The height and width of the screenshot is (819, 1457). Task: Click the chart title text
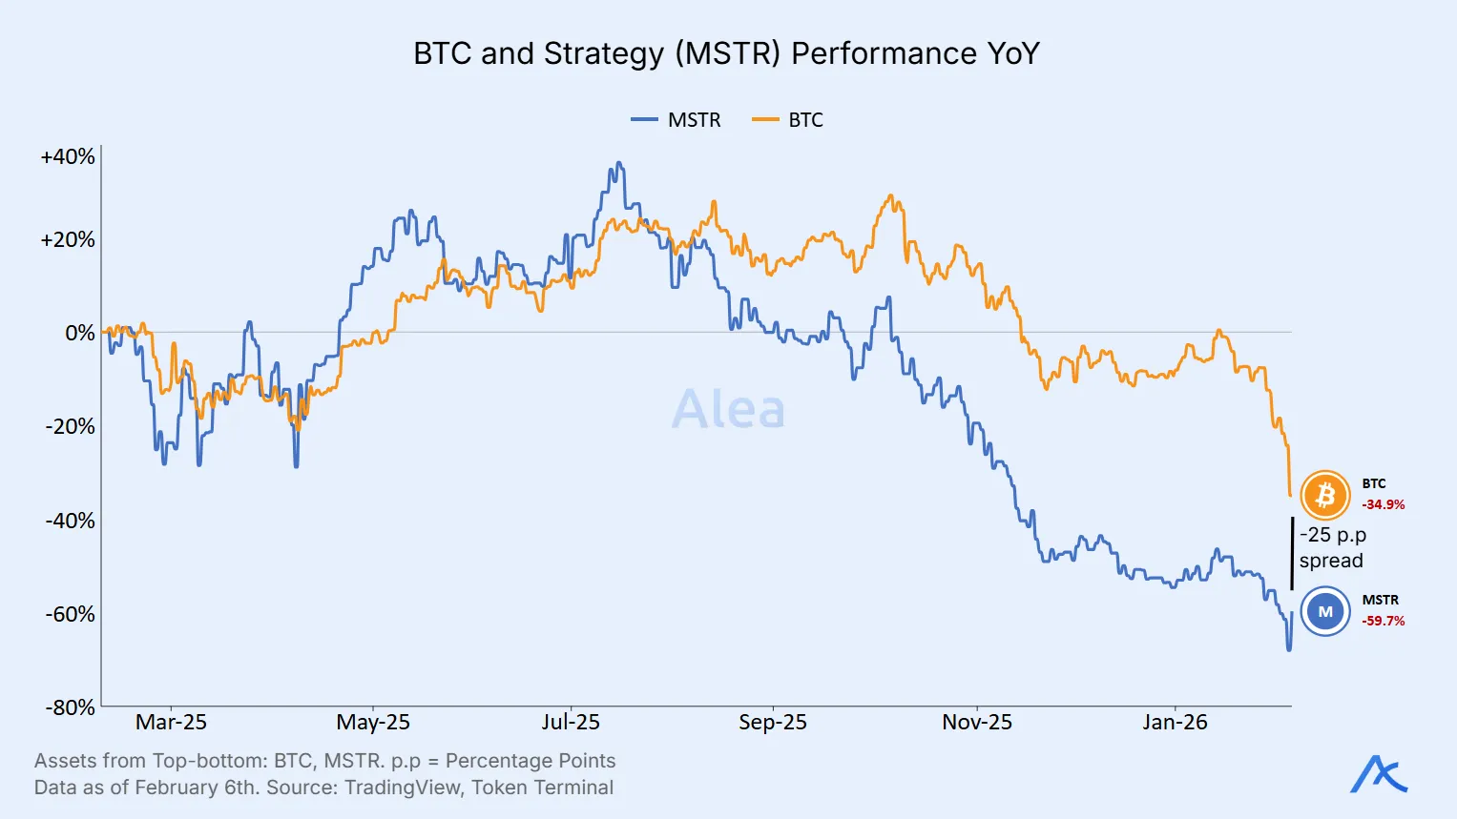point(726,53)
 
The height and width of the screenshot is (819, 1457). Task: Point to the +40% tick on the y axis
point(68,156)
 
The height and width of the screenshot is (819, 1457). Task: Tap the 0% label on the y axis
point(80,333)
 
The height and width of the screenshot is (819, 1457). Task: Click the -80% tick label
point(71,707)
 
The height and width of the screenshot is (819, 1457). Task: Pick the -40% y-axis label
point(71,521)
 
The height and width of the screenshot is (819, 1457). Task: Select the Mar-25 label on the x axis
point(171,723)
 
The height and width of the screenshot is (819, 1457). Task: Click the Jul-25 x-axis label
point(571,723)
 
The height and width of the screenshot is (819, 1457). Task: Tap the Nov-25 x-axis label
point(976,723)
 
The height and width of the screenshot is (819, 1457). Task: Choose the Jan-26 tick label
point(1175,723)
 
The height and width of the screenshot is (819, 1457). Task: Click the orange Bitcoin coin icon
point(1324,495)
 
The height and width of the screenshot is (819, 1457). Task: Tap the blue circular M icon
point(1324,611)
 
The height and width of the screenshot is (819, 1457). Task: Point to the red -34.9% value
point(1383,504)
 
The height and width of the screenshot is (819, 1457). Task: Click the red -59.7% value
point(1383,621)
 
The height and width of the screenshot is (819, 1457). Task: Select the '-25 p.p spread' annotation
point(1332,547)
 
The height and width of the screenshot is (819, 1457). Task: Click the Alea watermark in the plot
point(728,409)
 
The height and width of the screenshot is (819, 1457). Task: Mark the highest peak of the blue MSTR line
point(618,164)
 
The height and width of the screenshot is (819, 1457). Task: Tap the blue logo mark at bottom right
point(1379,774)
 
